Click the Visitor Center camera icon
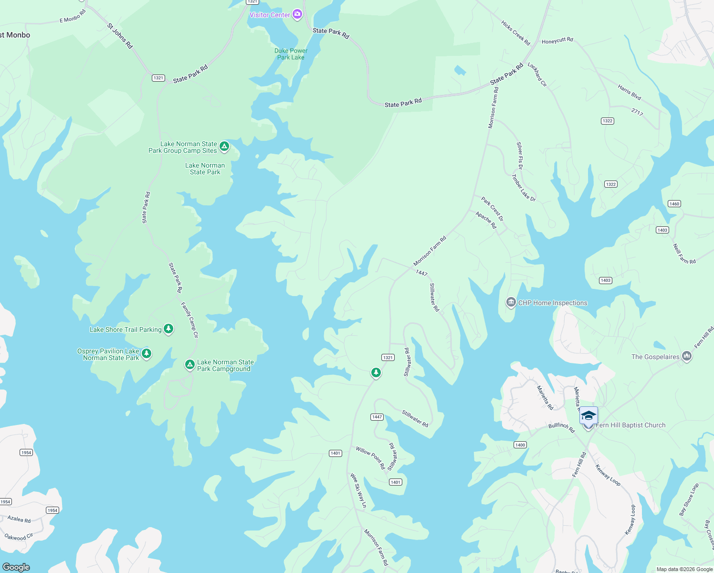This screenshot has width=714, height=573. tap(297, 15)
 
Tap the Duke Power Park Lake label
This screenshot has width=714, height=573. tap(291, 54)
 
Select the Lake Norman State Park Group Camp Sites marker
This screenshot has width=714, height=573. tap(224, 147)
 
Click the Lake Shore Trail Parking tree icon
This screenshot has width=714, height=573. tap(168, 329)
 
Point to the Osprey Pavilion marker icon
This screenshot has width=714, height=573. tap(147, 354)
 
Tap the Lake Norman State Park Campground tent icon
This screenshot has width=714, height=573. tap(189, 365)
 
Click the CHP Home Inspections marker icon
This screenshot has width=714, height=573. tap(511, 302)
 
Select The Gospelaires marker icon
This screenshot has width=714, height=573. tap(687, 356)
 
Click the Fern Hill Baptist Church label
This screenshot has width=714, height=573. tap(630, 425)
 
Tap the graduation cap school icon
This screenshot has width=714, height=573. tap(588, 415)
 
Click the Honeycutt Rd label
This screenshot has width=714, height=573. tap(557, 41)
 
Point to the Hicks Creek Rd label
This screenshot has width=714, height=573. tap(515, 33)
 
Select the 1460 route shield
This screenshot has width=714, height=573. tap(674, 204)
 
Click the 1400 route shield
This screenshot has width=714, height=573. tap(520, 445)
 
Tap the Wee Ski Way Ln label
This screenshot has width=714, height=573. tap(358, 490)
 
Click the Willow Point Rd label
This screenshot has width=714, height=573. tap(370, 458)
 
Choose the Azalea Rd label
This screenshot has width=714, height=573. tap(19, 519)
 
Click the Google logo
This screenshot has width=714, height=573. tap(16, 567)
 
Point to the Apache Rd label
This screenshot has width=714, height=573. tap(486, 220)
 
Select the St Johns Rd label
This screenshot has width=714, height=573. tap(120, 36)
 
